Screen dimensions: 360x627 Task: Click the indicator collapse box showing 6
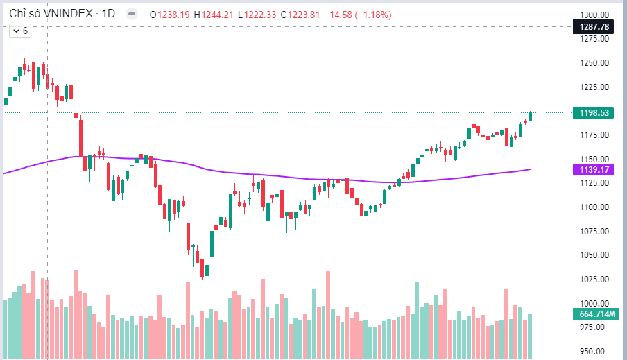19,31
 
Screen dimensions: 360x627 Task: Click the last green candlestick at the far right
531,116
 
